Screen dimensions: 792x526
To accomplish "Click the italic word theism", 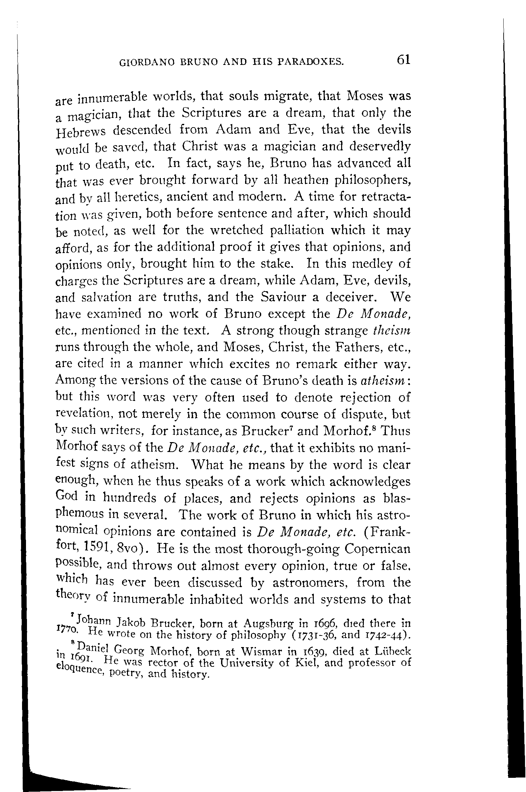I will pos(391,330).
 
